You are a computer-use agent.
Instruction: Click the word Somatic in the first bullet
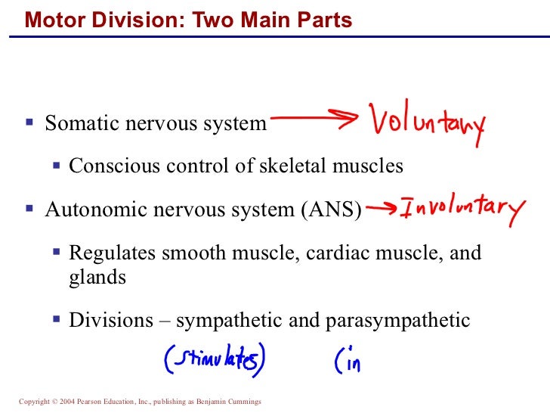pos(76,123)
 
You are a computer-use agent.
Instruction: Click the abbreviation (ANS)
pos(330,210)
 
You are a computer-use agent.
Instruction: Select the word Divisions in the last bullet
pos(103,320)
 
